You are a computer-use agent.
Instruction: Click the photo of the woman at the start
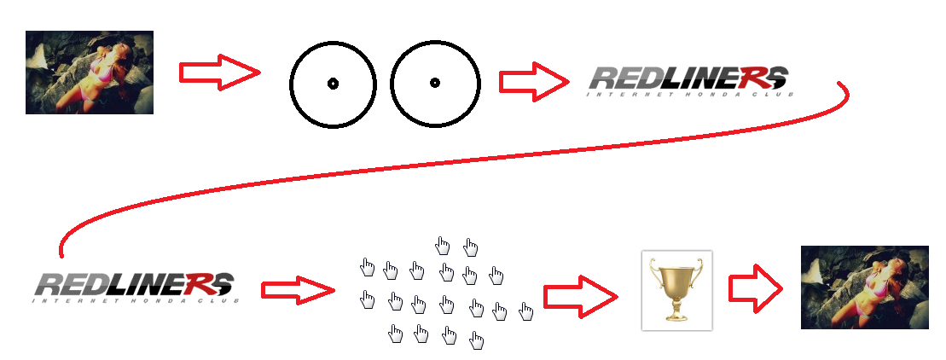90,73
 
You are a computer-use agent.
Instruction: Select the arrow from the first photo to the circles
218,72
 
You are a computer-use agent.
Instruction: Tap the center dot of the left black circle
333,84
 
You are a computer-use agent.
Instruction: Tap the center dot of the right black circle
434,83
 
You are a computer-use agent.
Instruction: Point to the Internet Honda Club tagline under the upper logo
689,94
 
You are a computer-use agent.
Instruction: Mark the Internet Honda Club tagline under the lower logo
136,300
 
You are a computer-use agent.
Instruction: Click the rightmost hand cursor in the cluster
525,311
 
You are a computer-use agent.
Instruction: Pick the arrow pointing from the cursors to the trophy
580,297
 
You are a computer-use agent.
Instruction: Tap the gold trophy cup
676,282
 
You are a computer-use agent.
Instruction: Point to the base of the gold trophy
676,320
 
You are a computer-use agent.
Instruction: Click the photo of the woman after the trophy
864,287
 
